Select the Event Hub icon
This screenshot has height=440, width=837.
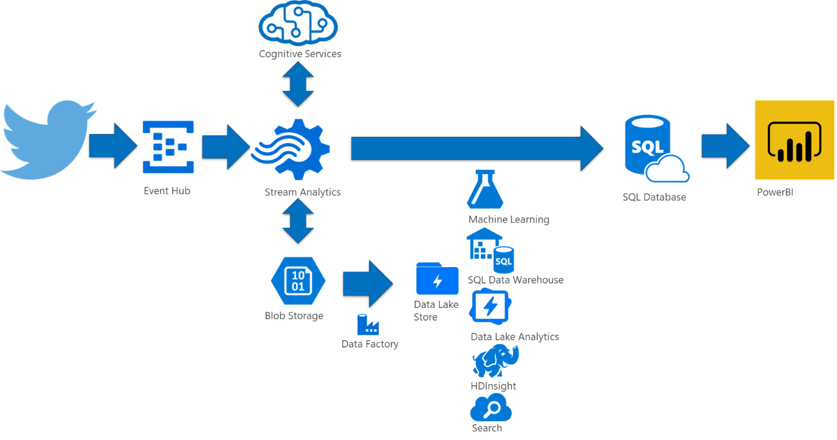[x=168, y=147]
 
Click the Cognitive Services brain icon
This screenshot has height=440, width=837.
[x=298, y=24]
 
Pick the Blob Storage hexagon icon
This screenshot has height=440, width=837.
[x=298, y=281]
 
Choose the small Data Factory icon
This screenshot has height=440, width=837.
[x=368, y=324]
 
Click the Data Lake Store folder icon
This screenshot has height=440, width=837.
[x=437, y=279]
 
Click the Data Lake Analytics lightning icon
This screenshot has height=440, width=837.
[x=490, y=307]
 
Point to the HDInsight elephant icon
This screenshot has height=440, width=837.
[x=495, y=361]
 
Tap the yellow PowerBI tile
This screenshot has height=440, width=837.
[x=794, y=141]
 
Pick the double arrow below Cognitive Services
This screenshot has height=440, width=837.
[x=298, y=84]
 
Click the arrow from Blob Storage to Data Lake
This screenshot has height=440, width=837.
[x=367, y=284]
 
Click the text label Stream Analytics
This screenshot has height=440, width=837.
[x=302, y=192]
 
